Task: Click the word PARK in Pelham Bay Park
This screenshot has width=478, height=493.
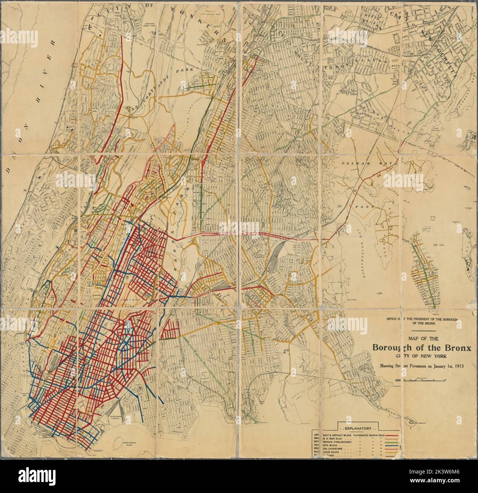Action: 362,207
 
